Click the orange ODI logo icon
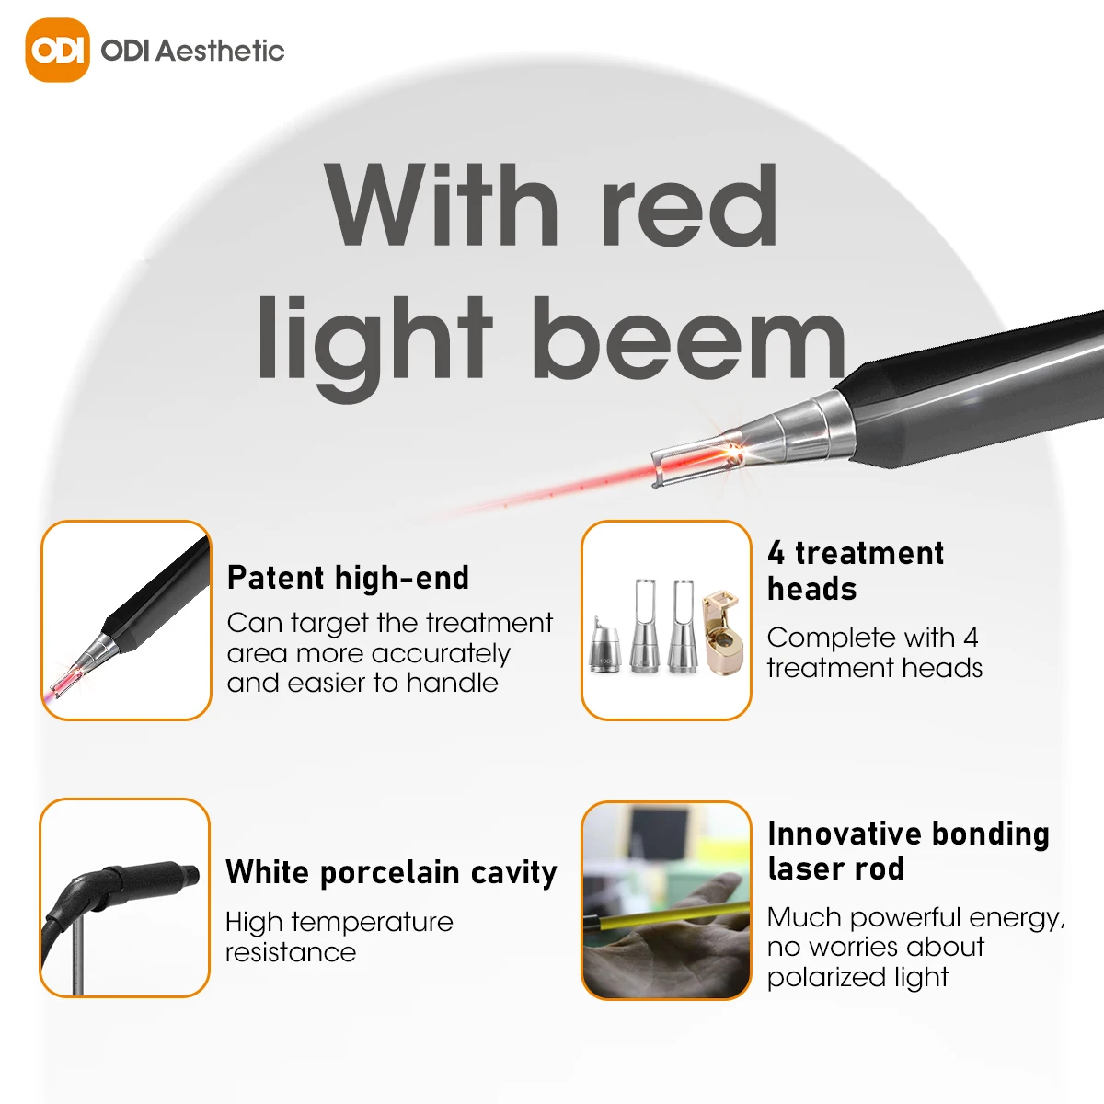click(x=57, y=50)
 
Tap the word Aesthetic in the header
click(x=220, y=51)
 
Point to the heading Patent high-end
click(x=348, y=578)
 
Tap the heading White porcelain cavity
click(x=391, y=872)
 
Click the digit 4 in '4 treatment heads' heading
click(x=776, y=553)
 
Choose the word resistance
click(x=291, y=952)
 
